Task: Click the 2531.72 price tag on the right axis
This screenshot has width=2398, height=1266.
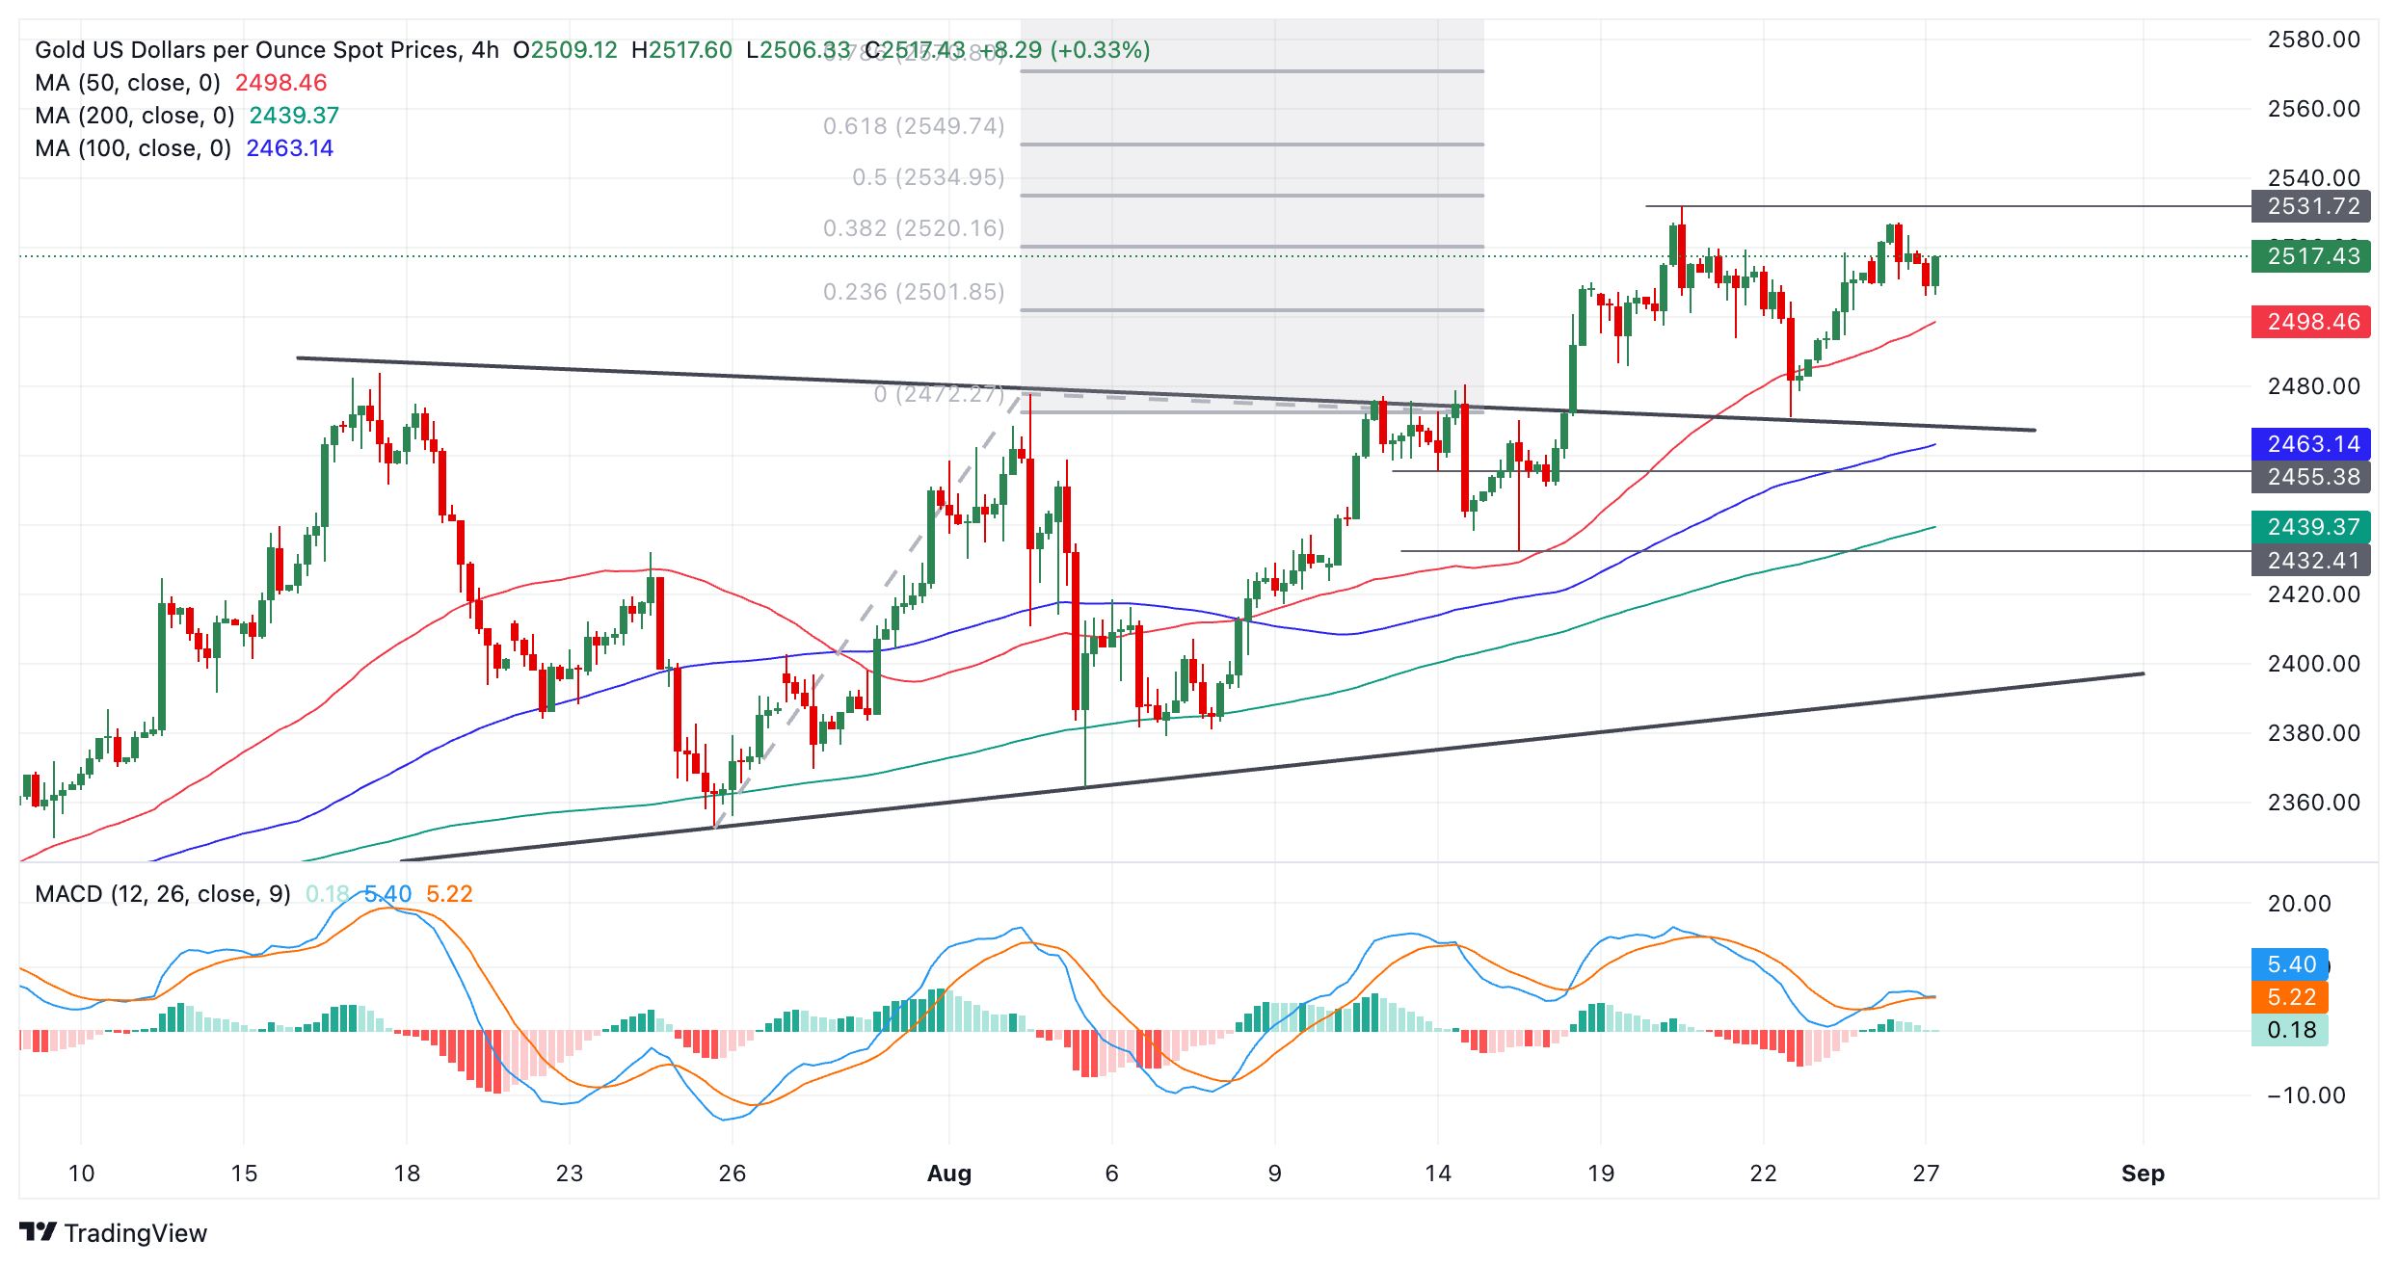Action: click(x=2311, y=206)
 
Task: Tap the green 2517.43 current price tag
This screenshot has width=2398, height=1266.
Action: click(x=2311, y=256)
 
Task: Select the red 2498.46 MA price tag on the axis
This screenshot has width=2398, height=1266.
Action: click(x=2311, y=322)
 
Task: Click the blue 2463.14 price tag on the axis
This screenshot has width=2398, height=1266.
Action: click(x=2311, y=444)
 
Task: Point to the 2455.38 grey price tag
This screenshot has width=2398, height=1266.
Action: click(x=2311, y=477)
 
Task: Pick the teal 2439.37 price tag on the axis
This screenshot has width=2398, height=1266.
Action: click(x=2311, y=527)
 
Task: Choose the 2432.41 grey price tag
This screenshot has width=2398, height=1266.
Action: click(x=2311, y=561)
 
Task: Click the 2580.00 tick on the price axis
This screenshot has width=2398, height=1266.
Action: click(x=2313, y=40)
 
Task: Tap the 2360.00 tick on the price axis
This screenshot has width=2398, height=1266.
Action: click(x=2313, y=803)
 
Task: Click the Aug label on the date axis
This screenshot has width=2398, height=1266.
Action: click(x=948, y=1174)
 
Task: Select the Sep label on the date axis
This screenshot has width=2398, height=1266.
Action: click(x=2143, y=1174)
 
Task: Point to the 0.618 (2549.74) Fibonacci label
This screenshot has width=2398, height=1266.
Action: click(x=914, y=126)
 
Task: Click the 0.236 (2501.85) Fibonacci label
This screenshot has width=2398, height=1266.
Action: click(x=914, y=292)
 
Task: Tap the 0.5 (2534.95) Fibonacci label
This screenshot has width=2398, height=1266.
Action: click(x=928, y=177)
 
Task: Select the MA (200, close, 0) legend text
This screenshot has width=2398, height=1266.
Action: click(x=135, y=116)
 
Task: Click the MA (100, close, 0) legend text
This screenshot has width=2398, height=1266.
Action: click(x=133, y=148)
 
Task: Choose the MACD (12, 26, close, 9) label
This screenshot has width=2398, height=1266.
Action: click(x=162, y=894)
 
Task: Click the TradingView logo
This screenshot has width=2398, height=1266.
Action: click(x=114, y=1233)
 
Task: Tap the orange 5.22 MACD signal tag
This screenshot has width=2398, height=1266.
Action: click(x=2290, y=997)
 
